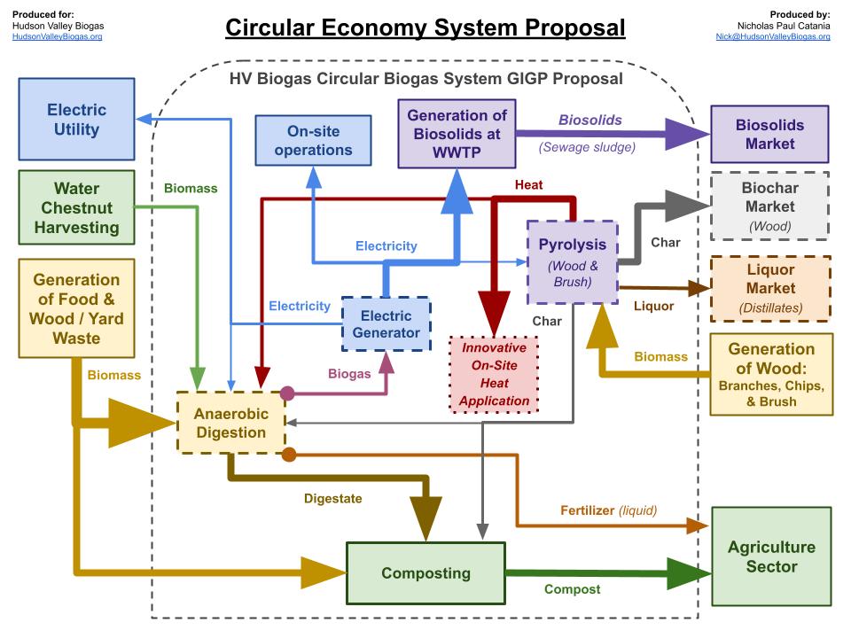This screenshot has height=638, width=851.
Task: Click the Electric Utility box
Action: (76, 120)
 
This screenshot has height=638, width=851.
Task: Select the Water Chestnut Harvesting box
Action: (76, 207)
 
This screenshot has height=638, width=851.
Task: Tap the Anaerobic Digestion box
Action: (230, 422)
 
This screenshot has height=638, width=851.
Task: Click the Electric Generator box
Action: (386, 323)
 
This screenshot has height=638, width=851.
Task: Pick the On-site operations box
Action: (313, 141)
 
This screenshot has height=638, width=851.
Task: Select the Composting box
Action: (425, 573)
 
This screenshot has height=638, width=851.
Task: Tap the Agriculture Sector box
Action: (770, 556)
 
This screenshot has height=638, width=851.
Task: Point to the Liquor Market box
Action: (769, 288)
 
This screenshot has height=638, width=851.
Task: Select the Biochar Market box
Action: (769, 206)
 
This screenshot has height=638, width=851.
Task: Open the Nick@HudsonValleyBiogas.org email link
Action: (773, 37)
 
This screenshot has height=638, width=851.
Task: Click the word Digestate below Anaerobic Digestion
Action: (332, 499)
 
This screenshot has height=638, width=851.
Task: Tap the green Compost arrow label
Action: (572, 589)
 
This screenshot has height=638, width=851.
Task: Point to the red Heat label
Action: (528, 185)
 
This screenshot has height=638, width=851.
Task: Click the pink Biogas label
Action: (349, 374)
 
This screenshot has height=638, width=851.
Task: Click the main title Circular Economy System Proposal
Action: (425, 27)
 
